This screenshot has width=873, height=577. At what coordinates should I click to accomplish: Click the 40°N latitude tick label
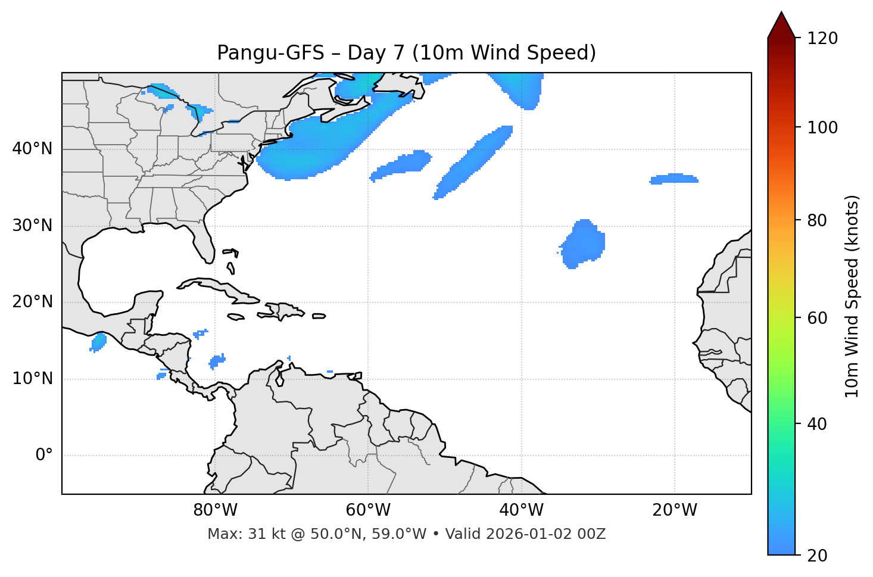[32, 149]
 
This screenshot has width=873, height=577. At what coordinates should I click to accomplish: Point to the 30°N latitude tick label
[32, 226]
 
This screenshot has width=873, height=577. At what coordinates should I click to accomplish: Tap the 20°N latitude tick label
[32, 302]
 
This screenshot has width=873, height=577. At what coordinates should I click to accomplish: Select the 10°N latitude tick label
[32, 379]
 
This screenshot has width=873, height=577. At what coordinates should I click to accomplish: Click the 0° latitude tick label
[44, 456]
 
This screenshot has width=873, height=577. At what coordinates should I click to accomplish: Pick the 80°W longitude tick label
[215, 510]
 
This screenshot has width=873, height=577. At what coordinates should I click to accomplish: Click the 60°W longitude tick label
[368, 510]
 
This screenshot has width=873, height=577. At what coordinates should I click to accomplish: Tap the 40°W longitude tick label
[521, 510]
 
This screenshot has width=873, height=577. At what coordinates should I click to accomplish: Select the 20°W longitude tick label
[675, 510]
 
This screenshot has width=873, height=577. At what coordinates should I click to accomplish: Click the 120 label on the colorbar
[822, 39]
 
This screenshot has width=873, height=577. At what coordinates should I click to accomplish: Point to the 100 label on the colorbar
[822, 127]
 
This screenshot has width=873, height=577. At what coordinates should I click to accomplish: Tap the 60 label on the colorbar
[817, 318]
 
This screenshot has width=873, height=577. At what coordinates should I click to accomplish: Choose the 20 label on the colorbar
[817, 556]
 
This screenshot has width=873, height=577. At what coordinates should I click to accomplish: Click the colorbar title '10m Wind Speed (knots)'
[852, 296]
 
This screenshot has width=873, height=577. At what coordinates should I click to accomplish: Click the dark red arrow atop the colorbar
[781, 26]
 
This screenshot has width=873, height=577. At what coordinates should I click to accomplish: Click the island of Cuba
[220, 288]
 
